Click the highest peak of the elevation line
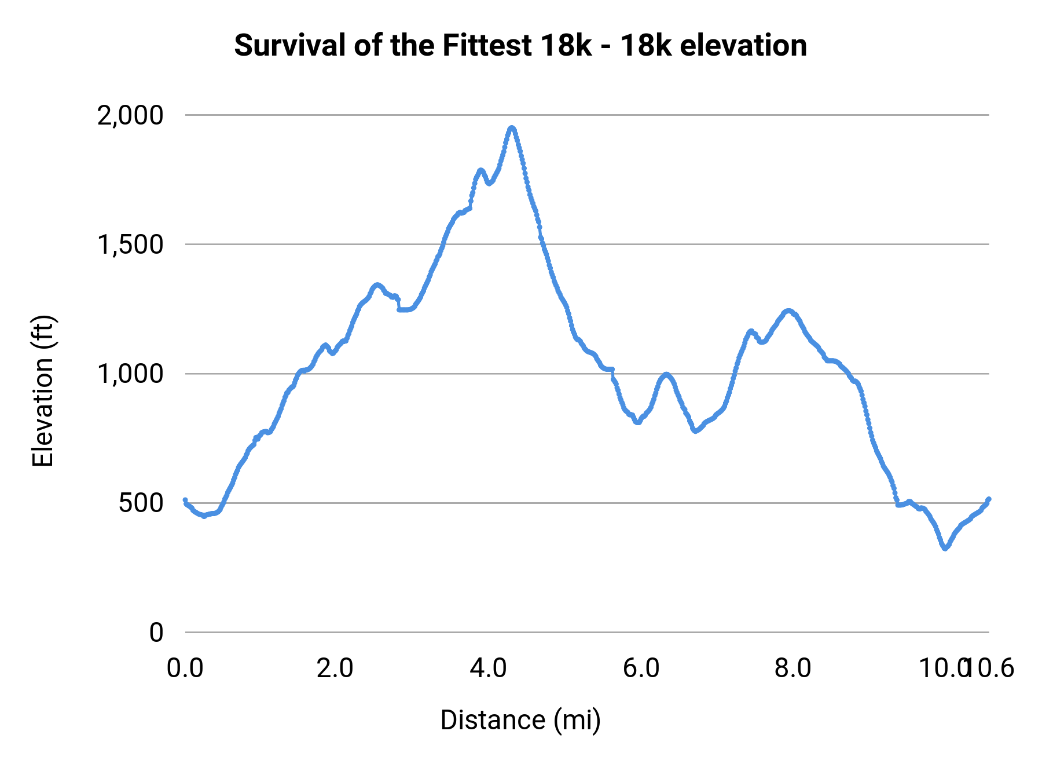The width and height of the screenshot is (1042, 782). (512, 128)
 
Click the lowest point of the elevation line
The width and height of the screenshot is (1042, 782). (945, 547)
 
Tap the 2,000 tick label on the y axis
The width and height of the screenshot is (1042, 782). (131, 116)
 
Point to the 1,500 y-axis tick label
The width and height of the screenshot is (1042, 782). (131, 245)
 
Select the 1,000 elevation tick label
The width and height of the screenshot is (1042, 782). (131, 374)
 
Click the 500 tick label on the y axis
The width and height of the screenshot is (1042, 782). (141, 503)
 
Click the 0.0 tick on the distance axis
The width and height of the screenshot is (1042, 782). (185, 668)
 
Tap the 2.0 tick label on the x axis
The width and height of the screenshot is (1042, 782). (335, 668)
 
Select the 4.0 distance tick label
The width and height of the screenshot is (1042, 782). (488, 668)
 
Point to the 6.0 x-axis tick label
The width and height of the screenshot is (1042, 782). (641, 668)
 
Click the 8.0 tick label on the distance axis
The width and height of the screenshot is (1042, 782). (793, 668)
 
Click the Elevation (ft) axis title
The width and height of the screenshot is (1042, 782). (43, 391)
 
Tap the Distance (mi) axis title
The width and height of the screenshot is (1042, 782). (520, 720)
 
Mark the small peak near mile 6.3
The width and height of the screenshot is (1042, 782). (666, 375)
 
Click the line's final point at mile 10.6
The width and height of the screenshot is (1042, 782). (989, 499)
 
